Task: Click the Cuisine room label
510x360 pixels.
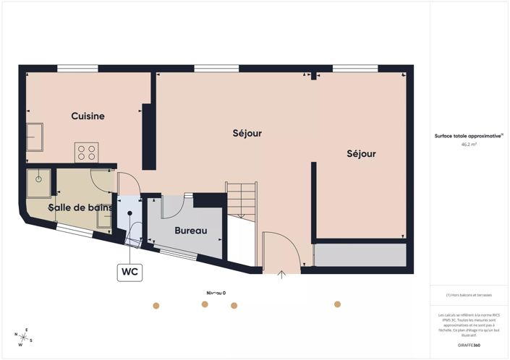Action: pyautogui.click(x=88, y=116)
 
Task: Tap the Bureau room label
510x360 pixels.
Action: pyautogui.click(x=191, y=231)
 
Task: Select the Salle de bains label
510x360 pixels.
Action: pyautogui.click(x=80, y=208)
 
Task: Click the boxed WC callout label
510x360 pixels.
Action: pyautogui.click(x=130, y=272)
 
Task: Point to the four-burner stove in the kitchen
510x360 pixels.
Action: pyautogui.click(x=87, y=152)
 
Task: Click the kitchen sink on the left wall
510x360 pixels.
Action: pyautogui.click(x=35, y=134)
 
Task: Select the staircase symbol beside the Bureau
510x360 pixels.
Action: pyautogui.click(x=242, y=197)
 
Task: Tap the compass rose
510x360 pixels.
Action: pyautogui.click(x=24, y=337)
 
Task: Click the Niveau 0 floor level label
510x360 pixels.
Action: pyautogui.click(x=216, y=293)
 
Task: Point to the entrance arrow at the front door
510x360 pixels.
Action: pyautogui.click(x=283, y=273)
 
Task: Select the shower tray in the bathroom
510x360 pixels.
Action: pyautogui.click(x=39, y=181)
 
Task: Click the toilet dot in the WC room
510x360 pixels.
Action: pyautogui.click(x=130, y=213)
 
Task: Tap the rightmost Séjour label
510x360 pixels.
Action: pyautogui.click(x=361, y=154)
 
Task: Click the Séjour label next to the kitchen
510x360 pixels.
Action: pyautogui.click(x=247, y=134)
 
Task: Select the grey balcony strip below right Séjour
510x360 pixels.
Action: pyautogui.click(x=362, y=255)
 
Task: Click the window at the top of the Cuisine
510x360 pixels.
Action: pyautogui.click(x=78, y=69)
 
